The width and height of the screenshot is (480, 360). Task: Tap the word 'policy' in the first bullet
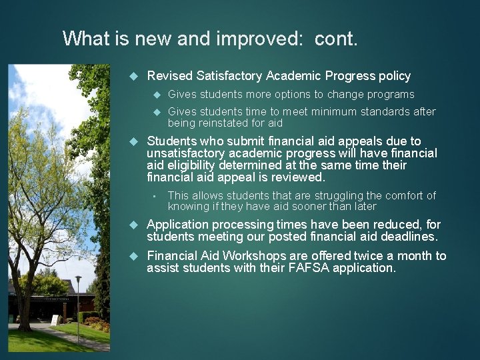tap(395, 76)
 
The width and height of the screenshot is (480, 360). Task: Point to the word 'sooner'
tap(305, 207)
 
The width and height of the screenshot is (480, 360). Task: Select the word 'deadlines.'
tap(407, 237)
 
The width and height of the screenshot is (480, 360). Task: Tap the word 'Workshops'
tap(252, 256)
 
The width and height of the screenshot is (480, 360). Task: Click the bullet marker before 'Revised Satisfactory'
tap(133, 77)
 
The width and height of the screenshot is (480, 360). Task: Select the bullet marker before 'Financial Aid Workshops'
tap(133, 257)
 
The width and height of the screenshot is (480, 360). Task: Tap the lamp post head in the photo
tap(78, 279)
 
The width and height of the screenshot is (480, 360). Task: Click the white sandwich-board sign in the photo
tap(55, 319)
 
